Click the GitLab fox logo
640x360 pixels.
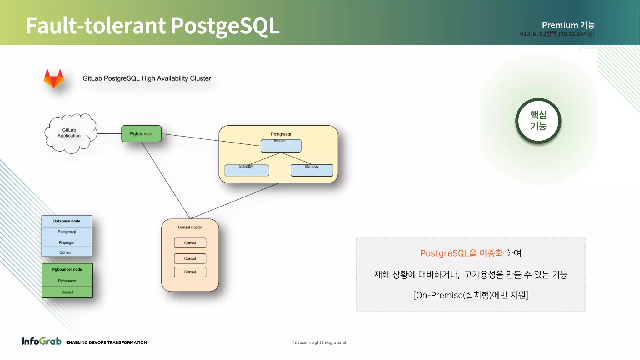(x=54, y=78)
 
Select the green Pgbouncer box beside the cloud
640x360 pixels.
(x=141, y=134)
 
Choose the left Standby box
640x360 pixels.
(x=247, y=171)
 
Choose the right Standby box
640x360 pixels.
(x=312, y=171)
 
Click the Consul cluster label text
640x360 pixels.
(x=190, y=227)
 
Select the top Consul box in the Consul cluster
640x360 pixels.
(x=190, y=243)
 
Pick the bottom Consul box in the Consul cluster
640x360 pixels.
(x=190, y=272)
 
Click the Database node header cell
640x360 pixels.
(x=67, y=221)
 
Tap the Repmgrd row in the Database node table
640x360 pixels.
(x=67, y=242)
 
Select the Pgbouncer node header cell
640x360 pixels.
(x=67, y=269)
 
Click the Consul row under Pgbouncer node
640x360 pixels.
(x=67, y=292)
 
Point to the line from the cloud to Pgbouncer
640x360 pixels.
(x=109, y=134)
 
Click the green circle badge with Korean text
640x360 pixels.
(x=538, y=121)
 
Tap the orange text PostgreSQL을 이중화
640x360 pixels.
(x=462, y=253)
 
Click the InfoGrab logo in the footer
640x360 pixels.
(x=42, y=341)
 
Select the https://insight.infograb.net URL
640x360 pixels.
(x=320, y=342)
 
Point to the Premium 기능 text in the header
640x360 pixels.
(x=568, y=25)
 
